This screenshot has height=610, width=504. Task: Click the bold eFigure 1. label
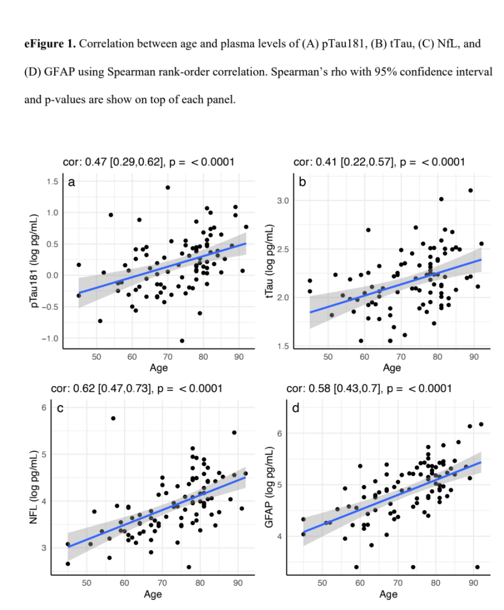49,44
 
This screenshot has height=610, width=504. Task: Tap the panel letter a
72,182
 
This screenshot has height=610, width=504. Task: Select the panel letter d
296,409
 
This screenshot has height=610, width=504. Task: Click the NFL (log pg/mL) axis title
34,486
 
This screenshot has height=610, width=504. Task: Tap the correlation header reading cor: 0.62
136,388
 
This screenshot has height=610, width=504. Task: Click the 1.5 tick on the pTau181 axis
51,181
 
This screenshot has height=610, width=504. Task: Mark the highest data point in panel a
168,187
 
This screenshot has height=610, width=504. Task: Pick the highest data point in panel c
113,418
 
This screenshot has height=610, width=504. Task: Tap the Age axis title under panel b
392,368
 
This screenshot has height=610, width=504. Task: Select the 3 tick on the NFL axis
45,548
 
